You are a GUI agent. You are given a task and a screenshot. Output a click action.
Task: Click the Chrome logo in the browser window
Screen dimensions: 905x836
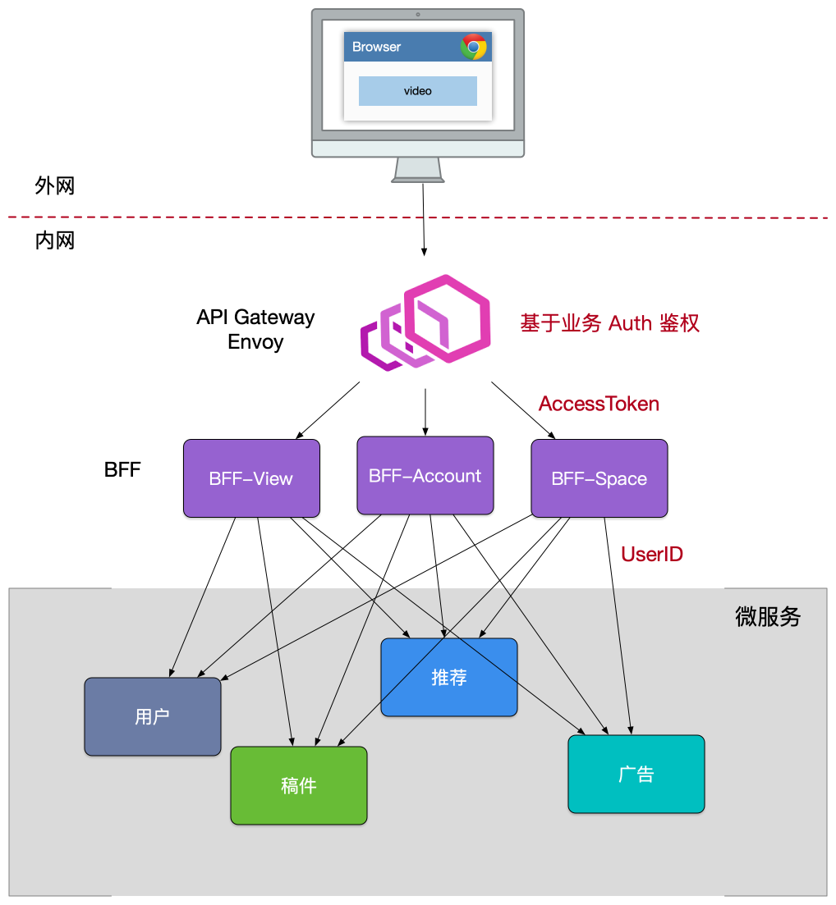pos(474,47)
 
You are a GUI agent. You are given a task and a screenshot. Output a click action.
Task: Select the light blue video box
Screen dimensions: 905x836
pos(417,91)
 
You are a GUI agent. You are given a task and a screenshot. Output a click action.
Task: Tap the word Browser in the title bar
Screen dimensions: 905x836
pos(376,47)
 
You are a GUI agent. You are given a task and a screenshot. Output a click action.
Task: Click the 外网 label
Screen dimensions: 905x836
pos(55,185)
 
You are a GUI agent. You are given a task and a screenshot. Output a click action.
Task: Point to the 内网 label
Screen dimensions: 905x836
pos(55,240)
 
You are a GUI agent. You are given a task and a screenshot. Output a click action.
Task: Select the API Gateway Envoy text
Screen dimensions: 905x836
pos(255,329)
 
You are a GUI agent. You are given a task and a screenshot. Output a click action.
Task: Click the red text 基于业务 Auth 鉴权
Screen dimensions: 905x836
pos(609,323)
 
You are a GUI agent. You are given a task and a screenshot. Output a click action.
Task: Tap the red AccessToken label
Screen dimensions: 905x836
pos(599,404)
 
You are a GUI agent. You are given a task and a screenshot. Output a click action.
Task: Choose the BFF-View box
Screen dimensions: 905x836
pos(251,478)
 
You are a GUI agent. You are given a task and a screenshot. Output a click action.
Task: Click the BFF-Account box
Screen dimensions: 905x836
pos(425,476)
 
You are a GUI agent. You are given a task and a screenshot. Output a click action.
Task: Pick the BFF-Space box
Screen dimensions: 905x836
pos(599,478)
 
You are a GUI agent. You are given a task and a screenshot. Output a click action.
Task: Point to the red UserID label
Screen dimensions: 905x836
pos(652,555)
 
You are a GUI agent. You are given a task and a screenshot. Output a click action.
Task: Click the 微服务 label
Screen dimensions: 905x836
pos(768,617)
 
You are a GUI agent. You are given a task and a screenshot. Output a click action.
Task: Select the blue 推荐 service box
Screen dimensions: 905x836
pos(449,677)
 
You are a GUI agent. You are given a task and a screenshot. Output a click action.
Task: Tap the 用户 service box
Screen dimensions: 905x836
pos(153,716)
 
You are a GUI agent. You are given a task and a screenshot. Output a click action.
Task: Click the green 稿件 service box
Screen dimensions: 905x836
pos(298,785)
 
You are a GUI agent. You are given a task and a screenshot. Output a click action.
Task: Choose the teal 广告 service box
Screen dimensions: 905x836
pos(636,774)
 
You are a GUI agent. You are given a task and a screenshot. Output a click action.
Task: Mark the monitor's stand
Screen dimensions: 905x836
pos(419,170)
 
